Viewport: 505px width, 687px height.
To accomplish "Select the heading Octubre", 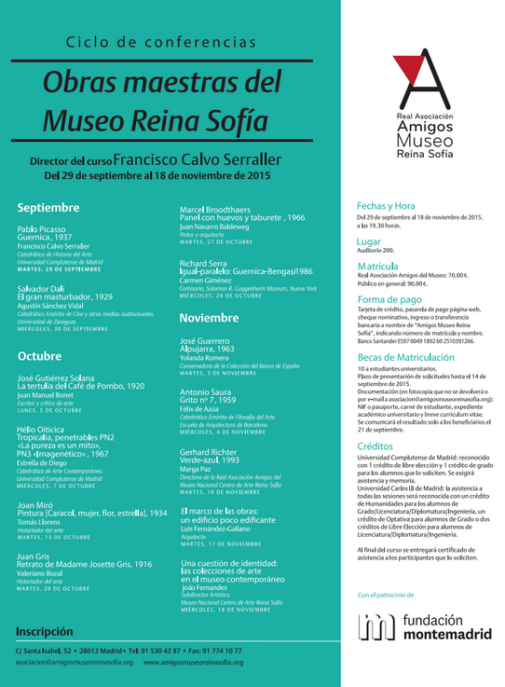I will pos(39,355).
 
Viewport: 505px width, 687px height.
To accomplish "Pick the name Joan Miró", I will pos(36,504).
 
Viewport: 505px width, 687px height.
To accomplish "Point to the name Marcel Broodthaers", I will pos(220,209).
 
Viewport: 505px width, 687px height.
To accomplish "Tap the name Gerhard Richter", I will pos(215,451).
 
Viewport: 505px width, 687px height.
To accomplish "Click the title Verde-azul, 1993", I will pos(213,460).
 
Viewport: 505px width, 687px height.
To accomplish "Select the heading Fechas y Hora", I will pos(386,205).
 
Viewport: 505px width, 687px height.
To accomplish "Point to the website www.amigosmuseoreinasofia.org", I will pos(192,663).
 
